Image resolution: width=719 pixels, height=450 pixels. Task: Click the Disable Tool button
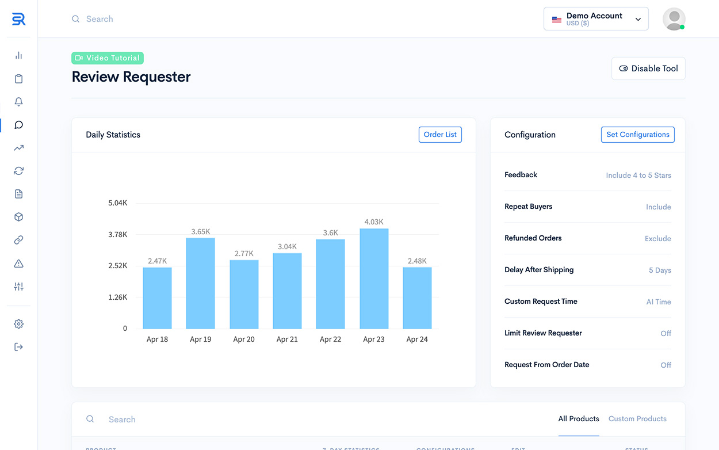tap(648, 68)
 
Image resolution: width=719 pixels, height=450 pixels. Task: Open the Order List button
tap(440, 135)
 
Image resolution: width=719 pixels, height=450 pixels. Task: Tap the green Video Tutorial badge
tap(108, 58)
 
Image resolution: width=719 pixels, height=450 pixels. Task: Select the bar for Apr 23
tap(374, 279)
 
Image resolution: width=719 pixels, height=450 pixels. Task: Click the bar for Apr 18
tap(157, 298)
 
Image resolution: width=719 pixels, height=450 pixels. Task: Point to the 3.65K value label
tap(201, 231)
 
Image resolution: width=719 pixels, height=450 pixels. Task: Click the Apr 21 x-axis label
tap(287, 340)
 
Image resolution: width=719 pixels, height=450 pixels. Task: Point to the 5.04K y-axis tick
tap(117, 203)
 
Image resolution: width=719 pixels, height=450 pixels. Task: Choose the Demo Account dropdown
tap(596, 19)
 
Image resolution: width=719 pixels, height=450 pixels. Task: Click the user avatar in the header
tap(674, 19)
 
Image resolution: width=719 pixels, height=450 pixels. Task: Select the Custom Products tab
tap(637, 419)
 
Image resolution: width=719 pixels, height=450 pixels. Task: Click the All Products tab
tap(579, 419)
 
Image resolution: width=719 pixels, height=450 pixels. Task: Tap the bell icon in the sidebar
tap(19, 102)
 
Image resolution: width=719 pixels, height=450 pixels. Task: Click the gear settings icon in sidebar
tap(19, 324)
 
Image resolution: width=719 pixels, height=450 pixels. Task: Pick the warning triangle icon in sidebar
tap(19, 264)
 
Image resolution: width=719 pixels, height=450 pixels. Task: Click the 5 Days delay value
tap(660, 270)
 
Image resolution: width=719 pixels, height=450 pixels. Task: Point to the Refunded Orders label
tap(533, 238)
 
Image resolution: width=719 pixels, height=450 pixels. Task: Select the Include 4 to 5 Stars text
tap(638, 176)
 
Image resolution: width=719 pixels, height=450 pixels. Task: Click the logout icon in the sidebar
tap(19, 347)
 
